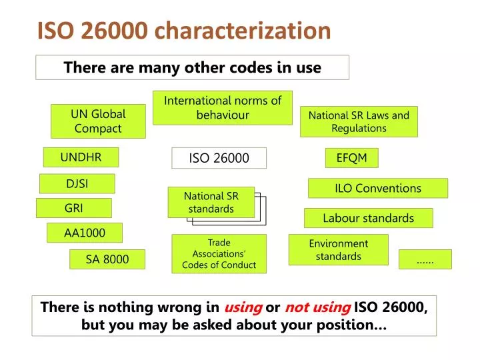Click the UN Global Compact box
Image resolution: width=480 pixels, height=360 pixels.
pos(99,121)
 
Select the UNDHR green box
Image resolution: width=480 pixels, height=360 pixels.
pos(81,157)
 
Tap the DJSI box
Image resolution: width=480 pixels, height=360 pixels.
pos(77,183)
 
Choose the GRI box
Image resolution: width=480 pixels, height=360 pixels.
pos(73,208)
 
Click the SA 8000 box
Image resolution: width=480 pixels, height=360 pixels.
pos(107,259)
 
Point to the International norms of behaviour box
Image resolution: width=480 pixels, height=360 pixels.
pos(223,107)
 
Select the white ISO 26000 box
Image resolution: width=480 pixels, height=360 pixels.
pos(219,158)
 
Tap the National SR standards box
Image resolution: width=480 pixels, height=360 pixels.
pos(211,202)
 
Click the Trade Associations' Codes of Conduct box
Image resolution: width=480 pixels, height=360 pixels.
pos(219,253)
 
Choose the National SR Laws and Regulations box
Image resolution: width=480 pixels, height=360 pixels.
pos(359,121)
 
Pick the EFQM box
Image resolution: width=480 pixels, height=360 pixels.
pos(352,158)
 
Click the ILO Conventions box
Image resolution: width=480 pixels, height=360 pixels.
pos(377,188)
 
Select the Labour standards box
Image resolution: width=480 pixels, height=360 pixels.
pos(368,218)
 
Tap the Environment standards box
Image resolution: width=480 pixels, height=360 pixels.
pos(338,250)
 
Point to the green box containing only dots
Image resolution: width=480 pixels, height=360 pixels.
pos(425,259)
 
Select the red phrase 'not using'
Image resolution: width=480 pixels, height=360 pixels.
pos(317,307)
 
